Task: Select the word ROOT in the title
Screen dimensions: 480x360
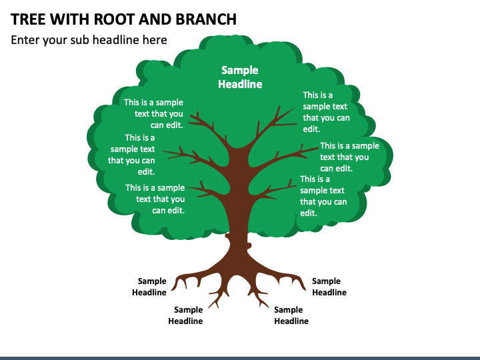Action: click(114, 19)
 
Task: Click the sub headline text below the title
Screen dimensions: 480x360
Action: click(89, 40)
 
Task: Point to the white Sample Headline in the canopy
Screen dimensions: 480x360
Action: click(240, 77)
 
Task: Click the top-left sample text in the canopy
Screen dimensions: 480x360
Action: click(153, 113)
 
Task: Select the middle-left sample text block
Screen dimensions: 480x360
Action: click(131, 155)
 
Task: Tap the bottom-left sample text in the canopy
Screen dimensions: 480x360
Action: click(155, 199)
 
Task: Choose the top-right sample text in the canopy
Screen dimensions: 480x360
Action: click(326, 112)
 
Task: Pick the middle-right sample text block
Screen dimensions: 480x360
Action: click(349, 157)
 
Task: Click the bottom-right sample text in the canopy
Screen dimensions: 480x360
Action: click(323, 196)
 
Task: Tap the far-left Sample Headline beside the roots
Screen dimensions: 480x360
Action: click(149, 287)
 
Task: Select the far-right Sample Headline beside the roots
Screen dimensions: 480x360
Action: click(329, 287)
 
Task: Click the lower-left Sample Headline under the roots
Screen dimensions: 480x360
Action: click(185, 315)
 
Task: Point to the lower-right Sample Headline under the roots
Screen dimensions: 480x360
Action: click(291, 315)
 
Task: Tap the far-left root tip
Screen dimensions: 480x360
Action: click(172, 289)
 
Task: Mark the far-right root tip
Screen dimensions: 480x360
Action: click(305, 289)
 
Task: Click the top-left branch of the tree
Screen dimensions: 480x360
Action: click(207, 126)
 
